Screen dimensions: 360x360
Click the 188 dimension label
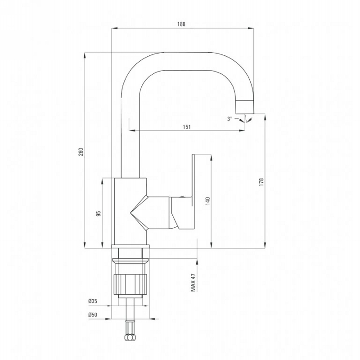coord(181,24)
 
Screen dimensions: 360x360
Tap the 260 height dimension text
coord(81,152)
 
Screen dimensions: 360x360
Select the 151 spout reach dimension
coord(187,127)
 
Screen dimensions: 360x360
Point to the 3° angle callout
coord(229,119)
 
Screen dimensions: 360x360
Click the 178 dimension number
coord(261,182)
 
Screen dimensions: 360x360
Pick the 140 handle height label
coord(207,201)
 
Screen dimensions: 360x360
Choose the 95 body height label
coord(99,213)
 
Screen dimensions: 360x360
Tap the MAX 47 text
coord(193,283)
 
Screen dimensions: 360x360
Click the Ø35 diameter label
coord(93,301)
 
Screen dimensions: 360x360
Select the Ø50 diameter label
coord(93,315)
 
